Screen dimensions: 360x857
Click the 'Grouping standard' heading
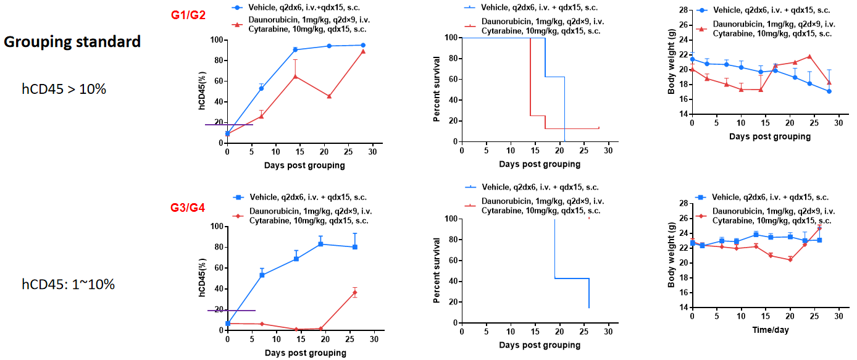[x=72, y=42]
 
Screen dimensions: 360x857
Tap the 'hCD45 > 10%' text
[x=64, y=89]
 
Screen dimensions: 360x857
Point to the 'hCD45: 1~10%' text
[x=68, y=285]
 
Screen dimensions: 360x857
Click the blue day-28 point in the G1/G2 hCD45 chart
[x=362, y=45]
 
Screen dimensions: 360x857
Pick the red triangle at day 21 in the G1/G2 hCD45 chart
[x=329, y=96]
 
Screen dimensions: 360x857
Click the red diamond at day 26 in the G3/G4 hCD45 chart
[x=354, y=292]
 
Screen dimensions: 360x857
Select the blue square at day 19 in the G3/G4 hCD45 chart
[x=320, y=244]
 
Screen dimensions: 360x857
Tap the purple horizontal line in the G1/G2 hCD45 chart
[x=230, y=125]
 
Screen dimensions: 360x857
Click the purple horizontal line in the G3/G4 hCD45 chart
[x=231, y=310]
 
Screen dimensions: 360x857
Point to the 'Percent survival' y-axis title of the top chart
[x=437, y=89]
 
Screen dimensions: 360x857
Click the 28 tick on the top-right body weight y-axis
[x=683, y=10]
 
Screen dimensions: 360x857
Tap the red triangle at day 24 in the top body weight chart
[x=809, y=56]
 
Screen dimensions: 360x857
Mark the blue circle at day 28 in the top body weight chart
[x=829, y=91]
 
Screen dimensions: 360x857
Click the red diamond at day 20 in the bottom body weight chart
[x=790, y=259]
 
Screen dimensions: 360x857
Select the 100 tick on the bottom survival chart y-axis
[x=450, y=219]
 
